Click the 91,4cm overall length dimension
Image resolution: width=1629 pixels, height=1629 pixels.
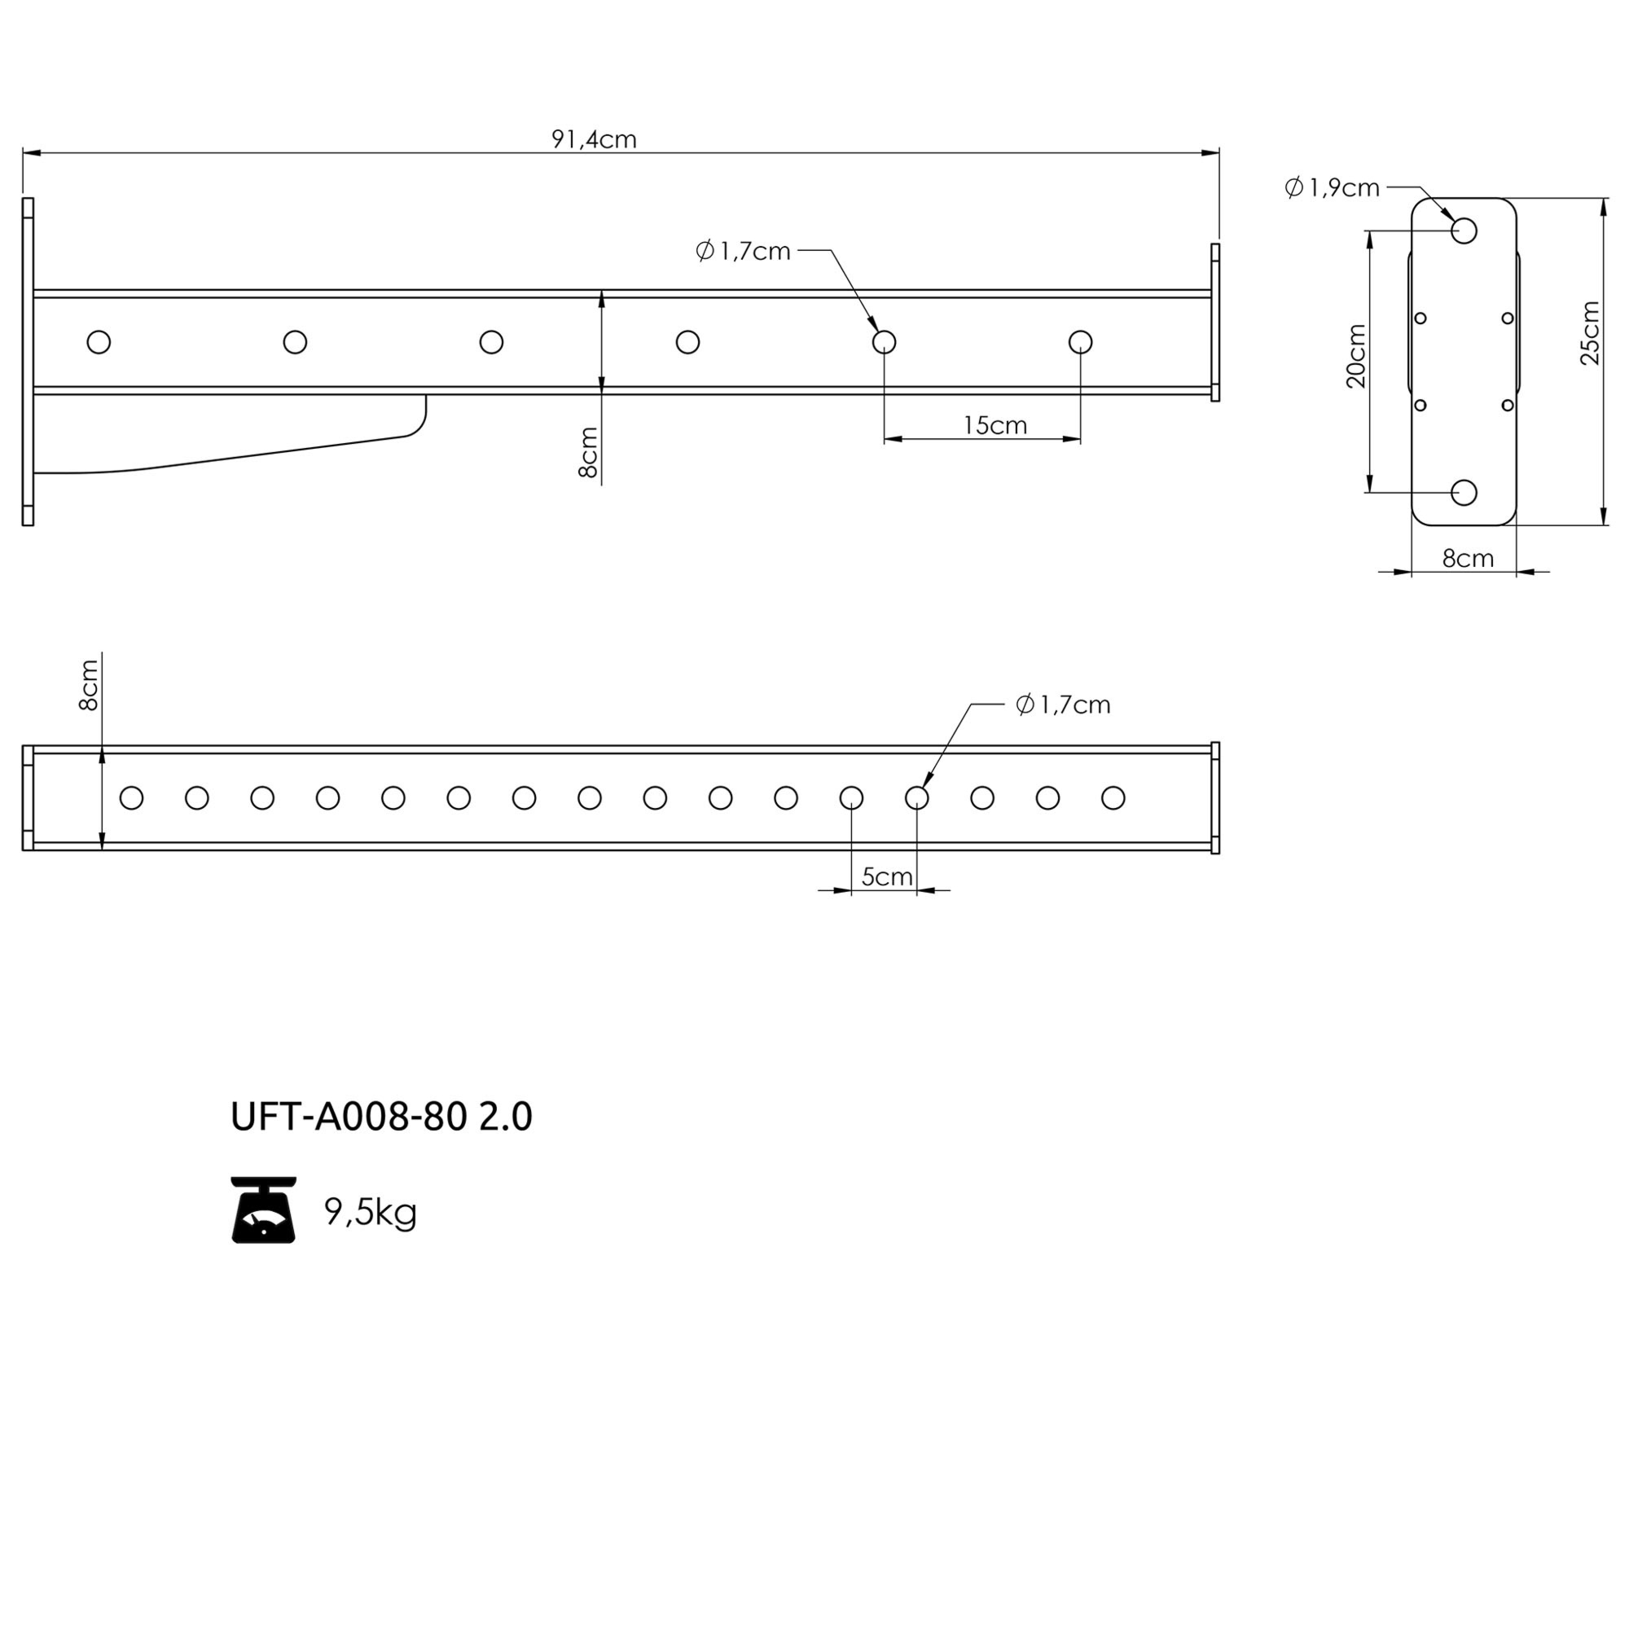point(594,139)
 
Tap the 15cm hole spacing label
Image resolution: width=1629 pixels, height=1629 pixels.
point(995,425)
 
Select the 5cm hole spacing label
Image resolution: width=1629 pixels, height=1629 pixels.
point(887,877)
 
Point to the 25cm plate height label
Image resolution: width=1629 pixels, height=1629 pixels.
point(1589,333)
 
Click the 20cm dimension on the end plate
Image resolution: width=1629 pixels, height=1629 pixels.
point(1356,356)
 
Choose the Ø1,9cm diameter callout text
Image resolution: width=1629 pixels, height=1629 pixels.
point(1333,187)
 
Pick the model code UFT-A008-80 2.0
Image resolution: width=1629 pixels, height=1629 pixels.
point(381,1117)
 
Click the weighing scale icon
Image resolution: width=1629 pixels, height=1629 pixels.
point(264,1210)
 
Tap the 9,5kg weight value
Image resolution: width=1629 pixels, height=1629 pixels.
point(371,1213)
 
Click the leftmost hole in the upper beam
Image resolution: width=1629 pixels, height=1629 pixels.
point(99,342)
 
